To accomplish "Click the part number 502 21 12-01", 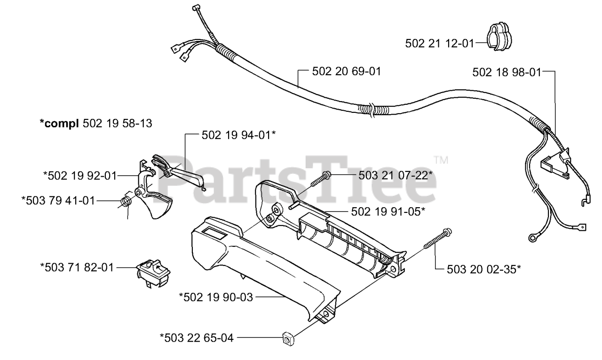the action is [x=440, y=43].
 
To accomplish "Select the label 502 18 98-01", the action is [x=507, y=72].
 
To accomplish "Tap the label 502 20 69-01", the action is [x=346, y=72].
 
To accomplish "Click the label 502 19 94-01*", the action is [x=238, y=135].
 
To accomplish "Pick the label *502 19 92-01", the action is [x=79, y=176].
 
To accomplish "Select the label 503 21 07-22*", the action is [x=396, y=175].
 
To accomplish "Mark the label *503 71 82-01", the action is [x=77, y=267].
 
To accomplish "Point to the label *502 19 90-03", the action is [x=216, y=297].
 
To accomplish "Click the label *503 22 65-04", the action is [x=196, y=337].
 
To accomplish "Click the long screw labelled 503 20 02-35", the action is [x=437, y=239].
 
